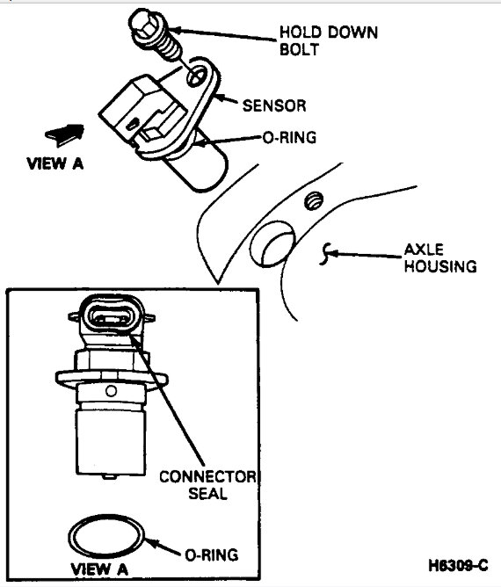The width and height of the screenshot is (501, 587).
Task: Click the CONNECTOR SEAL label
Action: tap(207, 485)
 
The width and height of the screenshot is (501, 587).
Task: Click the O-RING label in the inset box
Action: tap(211, 554)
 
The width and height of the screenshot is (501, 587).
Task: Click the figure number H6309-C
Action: tap(459, 565)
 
